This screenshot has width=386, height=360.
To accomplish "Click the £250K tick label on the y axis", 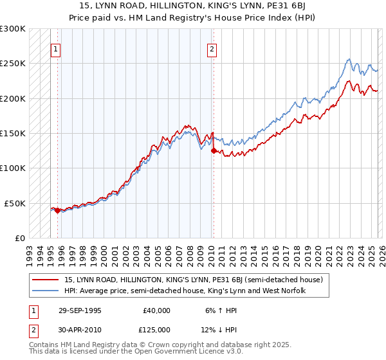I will tap(13, 64).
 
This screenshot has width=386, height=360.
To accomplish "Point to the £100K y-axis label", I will tap(13, 168).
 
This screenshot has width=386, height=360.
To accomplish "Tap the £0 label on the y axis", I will tap(19, 238).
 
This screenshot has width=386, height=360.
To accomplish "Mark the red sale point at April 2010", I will tap(214, 150).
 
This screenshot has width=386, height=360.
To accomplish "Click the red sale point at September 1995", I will tap(57, 210).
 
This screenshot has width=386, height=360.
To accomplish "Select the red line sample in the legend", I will tap(46, 280).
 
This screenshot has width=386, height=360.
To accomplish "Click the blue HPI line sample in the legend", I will tap(46, 291).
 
